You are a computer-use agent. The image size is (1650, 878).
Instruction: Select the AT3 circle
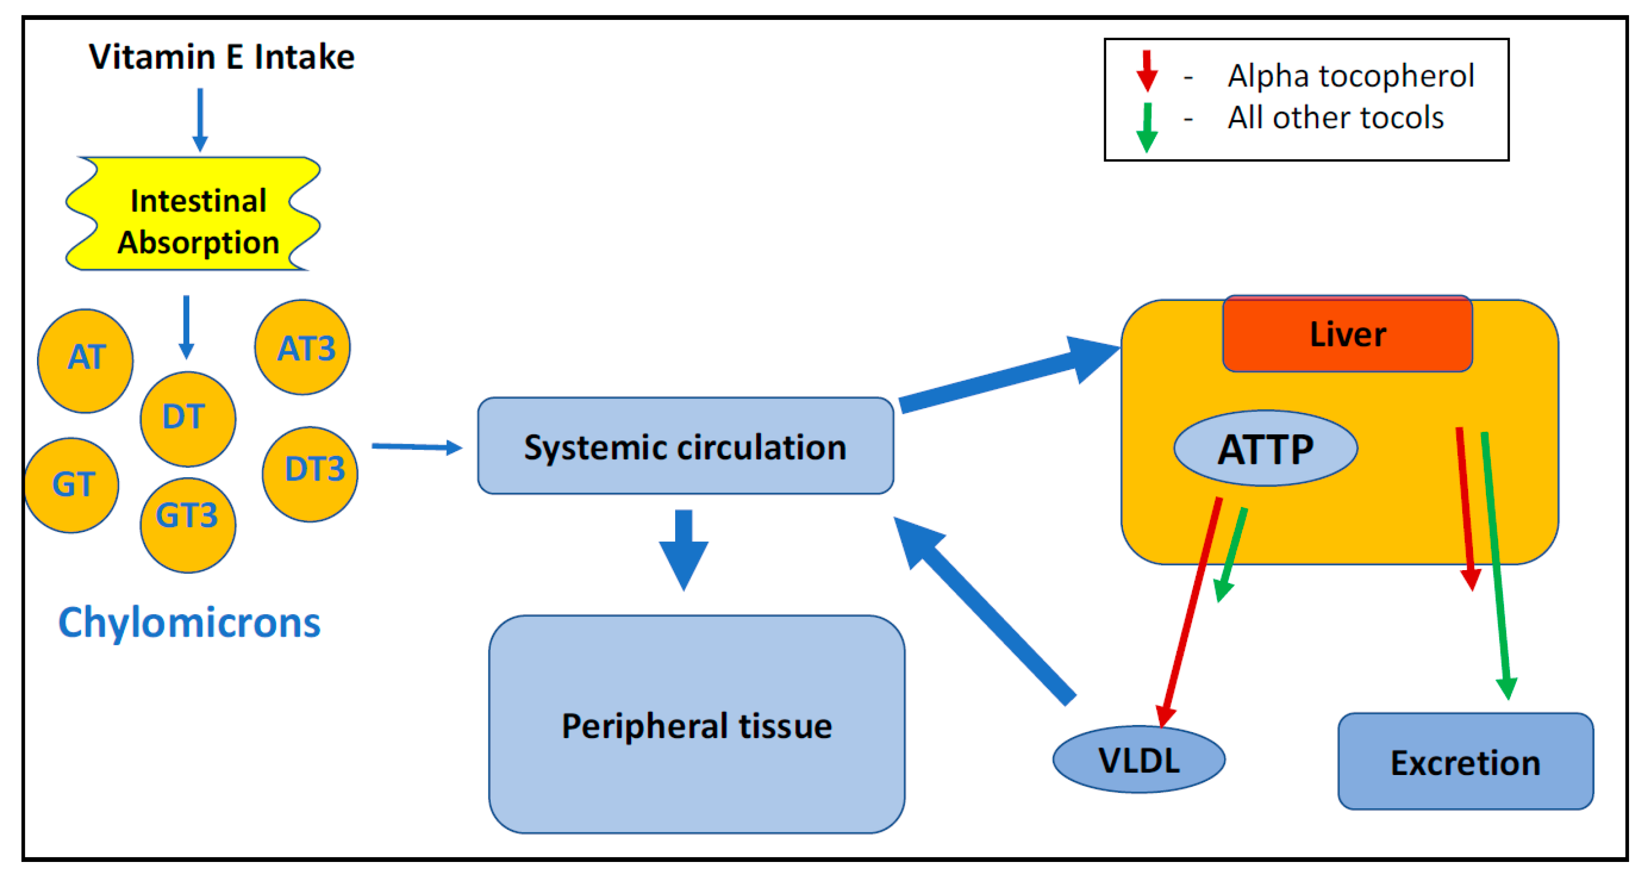[x=302, y=348]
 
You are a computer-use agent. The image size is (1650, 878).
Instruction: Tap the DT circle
[x=188, y=419]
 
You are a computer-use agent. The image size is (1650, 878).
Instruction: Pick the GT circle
[x=72, y=485]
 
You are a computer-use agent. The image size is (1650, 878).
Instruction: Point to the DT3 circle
[x=310, y=474]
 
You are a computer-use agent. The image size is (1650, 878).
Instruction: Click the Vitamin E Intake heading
[x=221, y=57]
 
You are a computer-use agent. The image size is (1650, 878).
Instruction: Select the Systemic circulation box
[x=685, y=446]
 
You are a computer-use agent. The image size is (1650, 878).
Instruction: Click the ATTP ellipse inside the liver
[x=1265, y=448]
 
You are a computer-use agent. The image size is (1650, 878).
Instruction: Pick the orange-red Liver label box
[x=1347, y=334]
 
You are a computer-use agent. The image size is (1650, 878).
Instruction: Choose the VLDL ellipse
[x=1139, y=759]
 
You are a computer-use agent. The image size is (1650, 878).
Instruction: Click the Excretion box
[x=1465, y=762]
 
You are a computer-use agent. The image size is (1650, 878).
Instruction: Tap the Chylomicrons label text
[x=190, y=623]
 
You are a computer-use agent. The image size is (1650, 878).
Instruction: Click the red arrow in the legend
[x=1146, y=72]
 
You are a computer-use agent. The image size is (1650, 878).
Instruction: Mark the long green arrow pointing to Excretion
[x=1496, y=564]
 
